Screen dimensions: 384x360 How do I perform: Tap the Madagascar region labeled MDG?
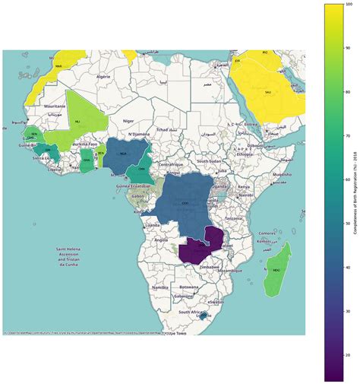(x=275, y=270)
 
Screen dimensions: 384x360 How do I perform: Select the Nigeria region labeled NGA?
(x=122, y=152)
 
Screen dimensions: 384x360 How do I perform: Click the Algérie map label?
(x=103, y=77)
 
